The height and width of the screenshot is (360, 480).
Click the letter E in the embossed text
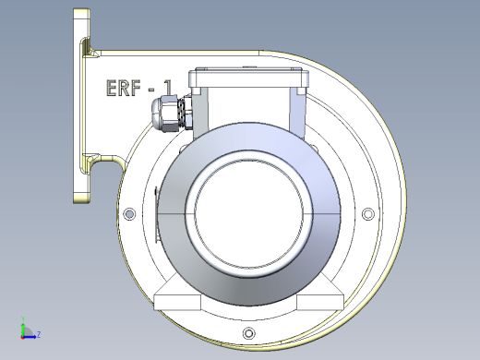click(x=111, y=88)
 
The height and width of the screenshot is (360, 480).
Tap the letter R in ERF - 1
click(x=123, y=88)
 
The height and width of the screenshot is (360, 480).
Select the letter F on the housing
click(x=136, y=88)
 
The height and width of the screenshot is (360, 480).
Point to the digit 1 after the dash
click(x=168, y=88)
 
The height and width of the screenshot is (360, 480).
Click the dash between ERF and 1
click(x=151, y=90)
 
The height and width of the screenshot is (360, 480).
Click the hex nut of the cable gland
click(x=169, y=114)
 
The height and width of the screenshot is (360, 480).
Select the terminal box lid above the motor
click(x=248, y=78)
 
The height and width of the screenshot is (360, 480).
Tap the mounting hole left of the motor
click(x=129, y=213)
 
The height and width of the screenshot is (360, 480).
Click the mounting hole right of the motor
click(x=367, y=213)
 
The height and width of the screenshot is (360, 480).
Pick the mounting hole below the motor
click(x=249, y=333)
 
